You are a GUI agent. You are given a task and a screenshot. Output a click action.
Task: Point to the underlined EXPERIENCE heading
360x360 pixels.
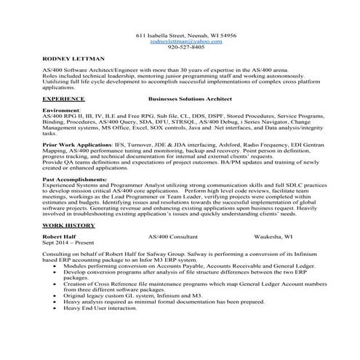(63, 96)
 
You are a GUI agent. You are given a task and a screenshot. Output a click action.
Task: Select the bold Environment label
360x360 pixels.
(62, 108)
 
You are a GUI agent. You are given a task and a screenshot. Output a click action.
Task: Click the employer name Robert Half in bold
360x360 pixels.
(60, 238)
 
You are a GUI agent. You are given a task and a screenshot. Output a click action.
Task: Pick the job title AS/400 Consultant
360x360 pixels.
(172, 238)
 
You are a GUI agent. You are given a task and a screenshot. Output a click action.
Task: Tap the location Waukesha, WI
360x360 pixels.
(273, 238)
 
